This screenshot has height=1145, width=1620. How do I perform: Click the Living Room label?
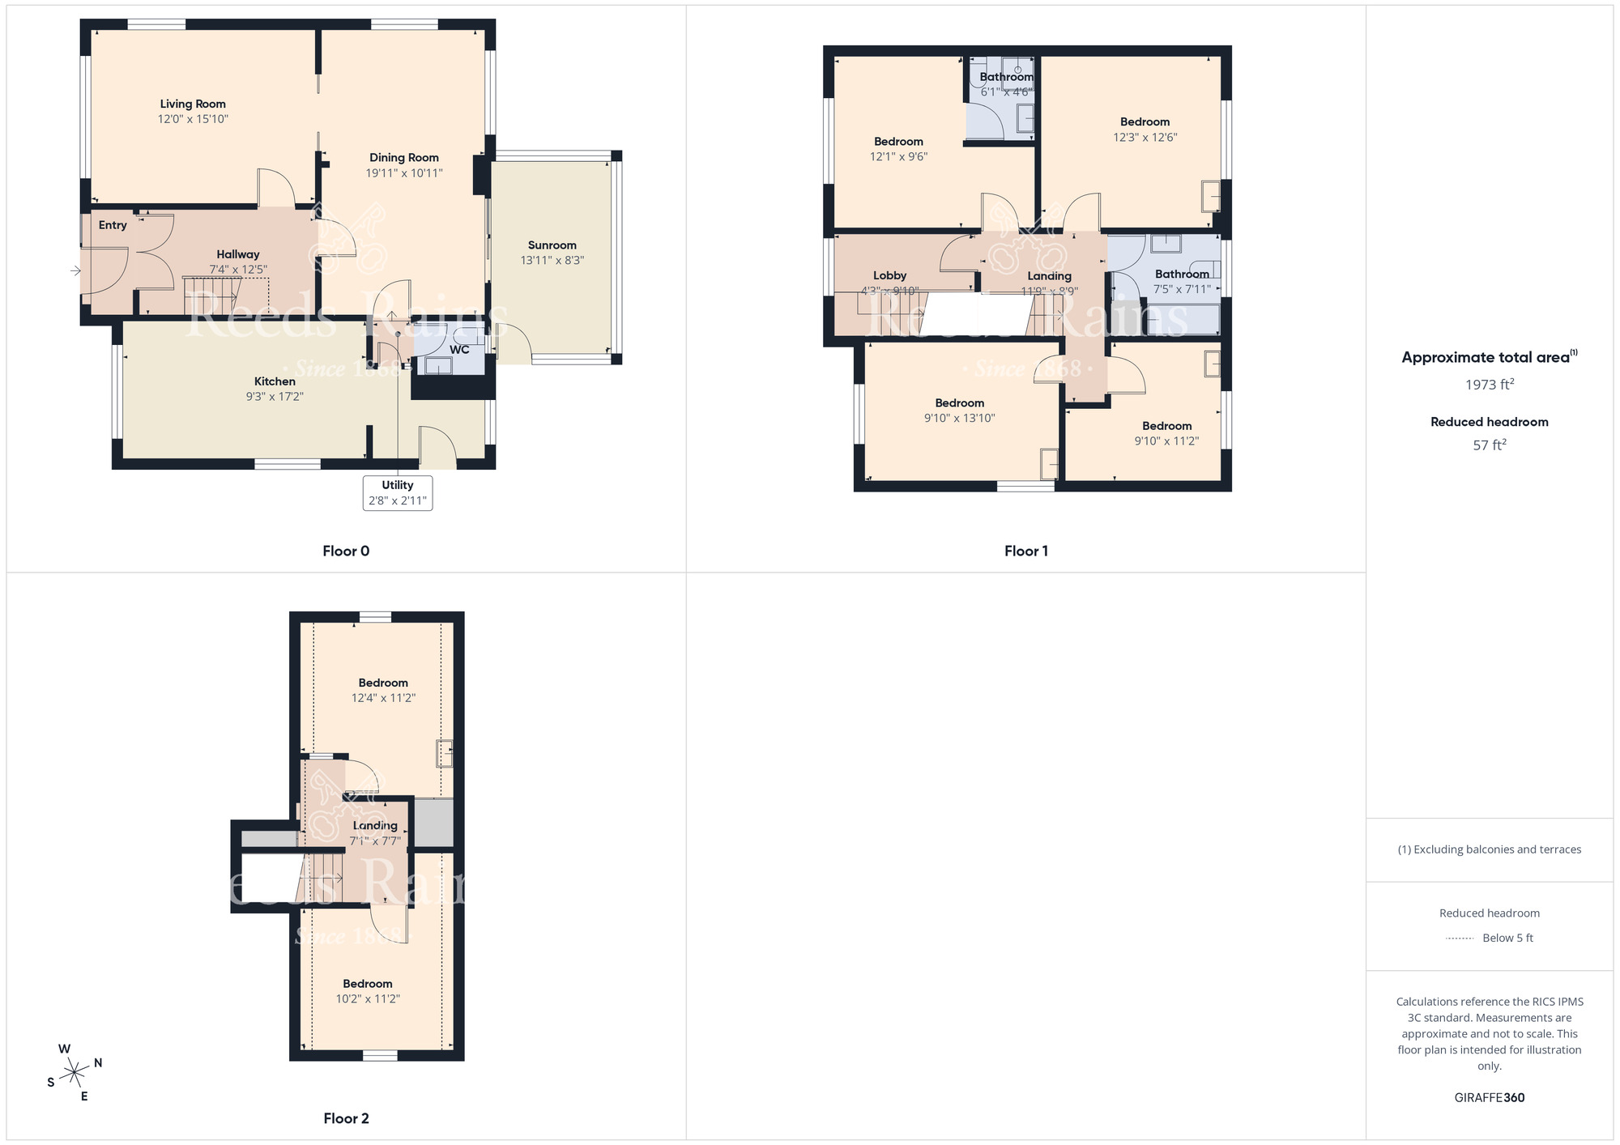[193, 104]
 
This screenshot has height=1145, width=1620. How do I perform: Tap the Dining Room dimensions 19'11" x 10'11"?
[404, 173]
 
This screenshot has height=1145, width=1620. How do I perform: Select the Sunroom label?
[552, 245]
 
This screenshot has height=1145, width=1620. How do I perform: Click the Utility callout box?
[398, 493]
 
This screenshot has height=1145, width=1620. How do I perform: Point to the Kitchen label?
[275, 381]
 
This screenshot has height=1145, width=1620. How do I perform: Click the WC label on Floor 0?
[459, 350]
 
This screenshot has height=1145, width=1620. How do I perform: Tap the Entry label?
[113, 225]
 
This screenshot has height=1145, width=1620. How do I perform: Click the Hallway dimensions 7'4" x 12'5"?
[238, 270]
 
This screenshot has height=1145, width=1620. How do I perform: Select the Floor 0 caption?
[346, 551]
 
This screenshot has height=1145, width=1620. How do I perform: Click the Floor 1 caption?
[1026, 551]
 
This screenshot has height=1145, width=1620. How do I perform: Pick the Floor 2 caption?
[346, 1119]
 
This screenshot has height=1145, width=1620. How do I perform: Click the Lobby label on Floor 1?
[889, 276]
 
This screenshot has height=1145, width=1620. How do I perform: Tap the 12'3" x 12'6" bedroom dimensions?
[1145, 138]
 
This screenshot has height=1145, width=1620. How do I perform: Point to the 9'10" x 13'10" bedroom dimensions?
[960, 419]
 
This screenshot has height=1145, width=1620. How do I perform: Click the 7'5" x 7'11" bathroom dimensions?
[1183, 289]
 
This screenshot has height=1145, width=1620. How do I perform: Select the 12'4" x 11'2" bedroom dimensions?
[383, 698]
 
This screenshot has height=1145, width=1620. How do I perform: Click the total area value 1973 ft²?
[1490, 385]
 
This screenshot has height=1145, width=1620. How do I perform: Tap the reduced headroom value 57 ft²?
[1490, 445]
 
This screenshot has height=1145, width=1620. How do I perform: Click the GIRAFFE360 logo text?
[1490, 1098]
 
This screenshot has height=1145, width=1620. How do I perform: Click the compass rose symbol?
[75, 1073]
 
